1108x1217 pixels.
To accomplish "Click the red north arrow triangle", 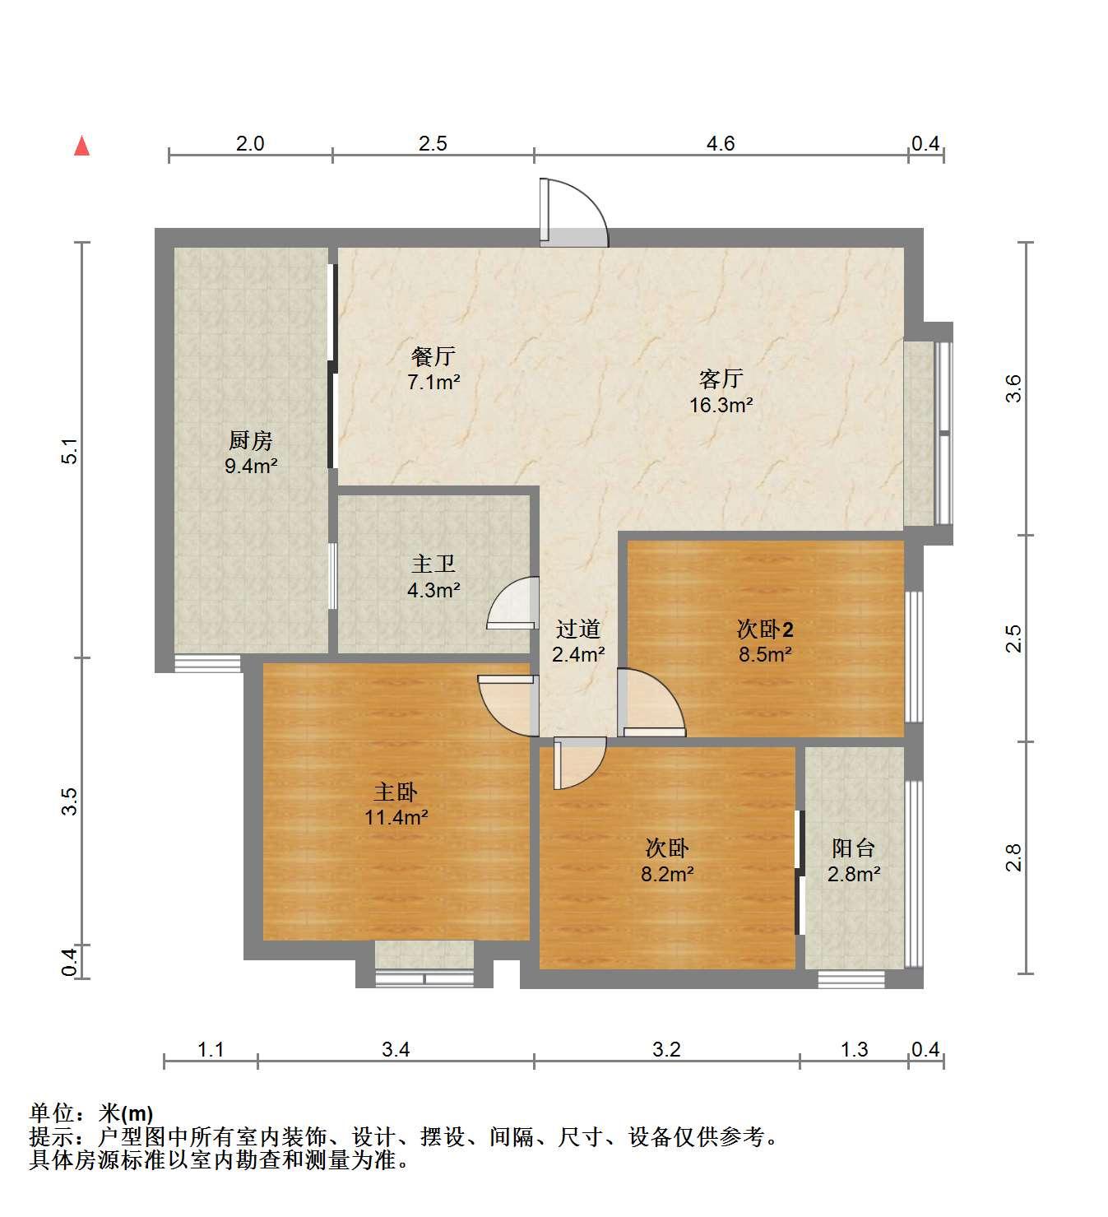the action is pos(82,146).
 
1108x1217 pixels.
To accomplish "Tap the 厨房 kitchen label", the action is pos(250,440).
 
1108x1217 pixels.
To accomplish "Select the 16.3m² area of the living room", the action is pos(721,405).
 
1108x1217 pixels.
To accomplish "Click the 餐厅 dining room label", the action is pos(433,356).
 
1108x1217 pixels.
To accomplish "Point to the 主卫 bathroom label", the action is pos(433,564).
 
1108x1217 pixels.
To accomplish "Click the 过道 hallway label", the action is pos(578,629).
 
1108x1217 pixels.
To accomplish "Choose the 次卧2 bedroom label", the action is pos(765,629).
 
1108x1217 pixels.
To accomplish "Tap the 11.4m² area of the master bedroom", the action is pos(396,817).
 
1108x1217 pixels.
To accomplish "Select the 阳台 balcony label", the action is pos(853,848).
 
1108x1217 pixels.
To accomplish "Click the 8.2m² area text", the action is pos(667,874).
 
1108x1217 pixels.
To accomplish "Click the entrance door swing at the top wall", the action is pos(573,212).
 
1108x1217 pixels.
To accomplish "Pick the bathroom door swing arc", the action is pos(512,602).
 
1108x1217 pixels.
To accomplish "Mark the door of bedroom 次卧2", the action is pos(651,703).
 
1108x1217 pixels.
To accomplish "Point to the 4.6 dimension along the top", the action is pos(721,144).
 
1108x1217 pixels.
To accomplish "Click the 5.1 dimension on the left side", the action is pos(70,450).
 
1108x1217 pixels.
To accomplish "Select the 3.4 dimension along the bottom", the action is pos(396,1049).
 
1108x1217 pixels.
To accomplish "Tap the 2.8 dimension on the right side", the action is pos(1013,857).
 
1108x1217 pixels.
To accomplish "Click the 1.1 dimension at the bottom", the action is pos(211,1049).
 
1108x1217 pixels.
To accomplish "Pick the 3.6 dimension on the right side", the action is pos(1013,388).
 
